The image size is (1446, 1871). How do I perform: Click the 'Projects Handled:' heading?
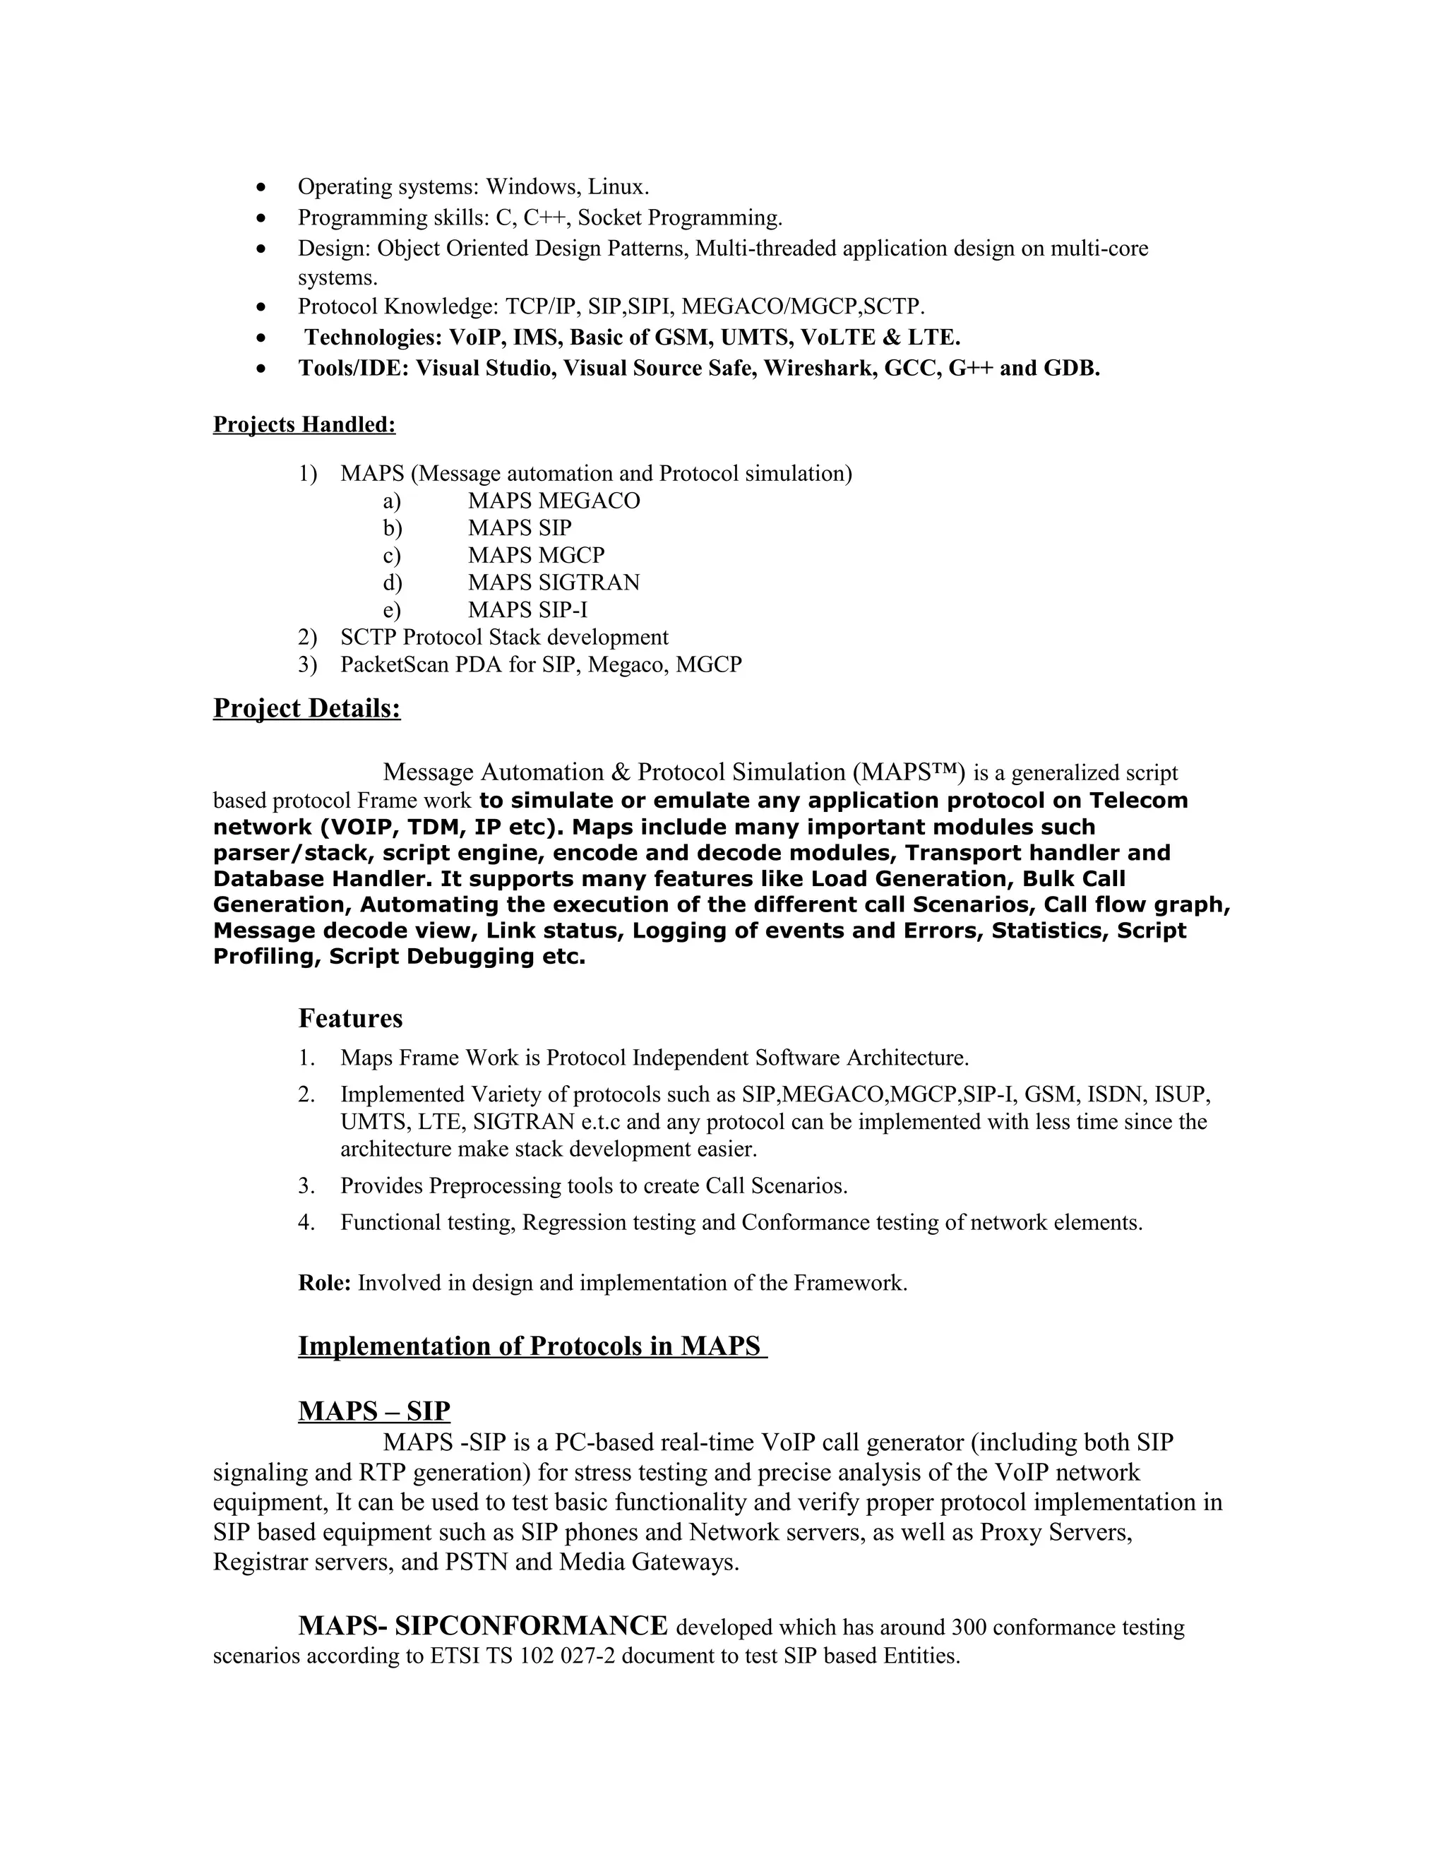[304, 425]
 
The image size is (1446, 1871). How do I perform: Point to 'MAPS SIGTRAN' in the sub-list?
[554, 582]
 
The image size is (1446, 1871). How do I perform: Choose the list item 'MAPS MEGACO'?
[554, 501]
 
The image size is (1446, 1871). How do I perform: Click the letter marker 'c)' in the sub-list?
[393, 556]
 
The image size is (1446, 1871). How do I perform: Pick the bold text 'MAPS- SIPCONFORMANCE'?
[482, 1626]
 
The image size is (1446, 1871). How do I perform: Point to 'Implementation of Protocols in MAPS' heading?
[531, 1346]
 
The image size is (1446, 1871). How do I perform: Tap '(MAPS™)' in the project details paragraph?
[909, 772]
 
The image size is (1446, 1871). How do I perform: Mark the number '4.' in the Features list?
[306, 1222]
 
